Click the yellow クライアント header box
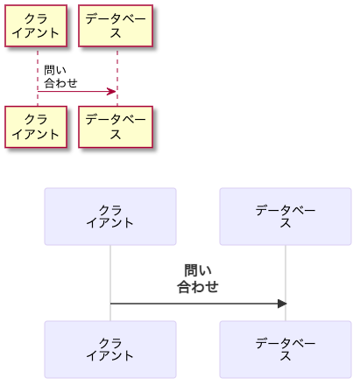tap(36, 26)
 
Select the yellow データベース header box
tap(116, 26)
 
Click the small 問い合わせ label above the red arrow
tap(60, 77)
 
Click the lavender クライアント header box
tap(110, 216)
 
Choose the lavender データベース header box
tap(286, 216)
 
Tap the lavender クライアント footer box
tap(110, 349)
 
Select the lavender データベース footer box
tap(286, 349)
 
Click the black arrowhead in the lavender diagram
tap(281, 304)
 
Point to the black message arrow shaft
tap(193, 304)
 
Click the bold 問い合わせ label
tap(198, 278)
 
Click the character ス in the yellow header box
tap(116, 33)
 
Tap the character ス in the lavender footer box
tap(286, 356)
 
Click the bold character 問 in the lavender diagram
tap(191, 270)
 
